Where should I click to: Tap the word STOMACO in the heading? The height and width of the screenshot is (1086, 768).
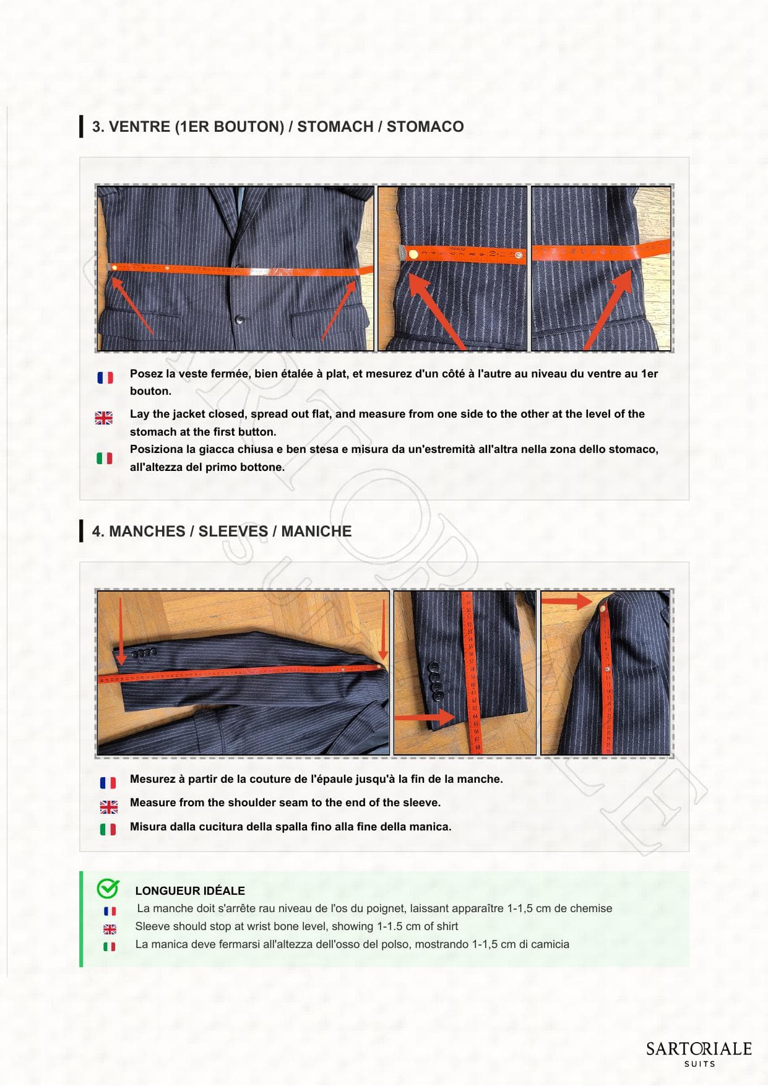[425, 127]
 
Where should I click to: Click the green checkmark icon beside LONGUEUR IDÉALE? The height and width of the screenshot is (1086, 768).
[108, 889]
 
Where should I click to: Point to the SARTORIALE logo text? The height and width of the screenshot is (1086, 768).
[699, 1049]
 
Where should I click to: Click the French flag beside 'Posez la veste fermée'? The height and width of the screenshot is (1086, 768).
[105, 377]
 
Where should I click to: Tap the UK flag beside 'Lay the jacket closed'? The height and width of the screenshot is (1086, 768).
[104, 418]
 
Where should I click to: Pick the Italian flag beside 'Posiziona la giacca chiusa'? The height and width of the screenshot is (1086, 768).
[105, 458]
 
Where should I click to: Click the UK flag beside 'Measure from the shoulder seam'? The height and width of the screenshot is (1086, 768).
[109, 807]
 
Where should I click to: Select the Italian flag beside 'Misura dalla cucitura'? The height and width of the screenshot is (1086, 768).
[108, 829]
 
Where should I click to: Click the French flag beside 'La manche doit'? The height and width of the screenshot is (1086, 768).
[110, 911]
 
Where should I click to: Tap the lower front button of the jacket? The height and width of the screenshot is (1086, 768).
[239, 320]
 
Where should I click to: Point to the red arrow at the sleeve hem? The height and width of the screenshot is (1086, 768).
[425, 717]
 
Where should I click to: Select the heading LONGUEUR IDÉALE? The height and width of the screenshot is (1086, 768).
[190, 891]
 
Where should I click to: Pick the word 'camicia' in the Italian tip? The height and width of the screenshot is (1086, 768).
[548, 944]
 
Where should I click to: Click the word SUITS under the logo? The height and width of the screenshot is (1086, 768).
[699, 1064]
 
